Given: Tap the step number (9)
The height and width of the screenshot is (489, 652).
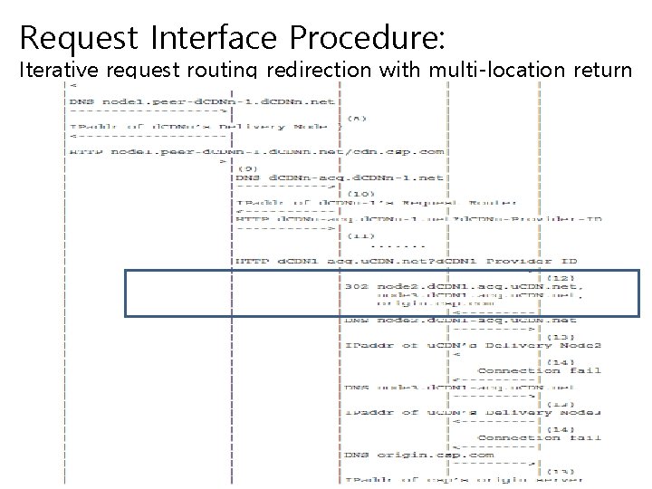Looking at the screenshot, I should (x=249, y=168).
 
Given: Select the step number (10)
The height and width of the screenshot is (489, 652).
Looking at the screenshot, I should (x=361, y=193).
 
